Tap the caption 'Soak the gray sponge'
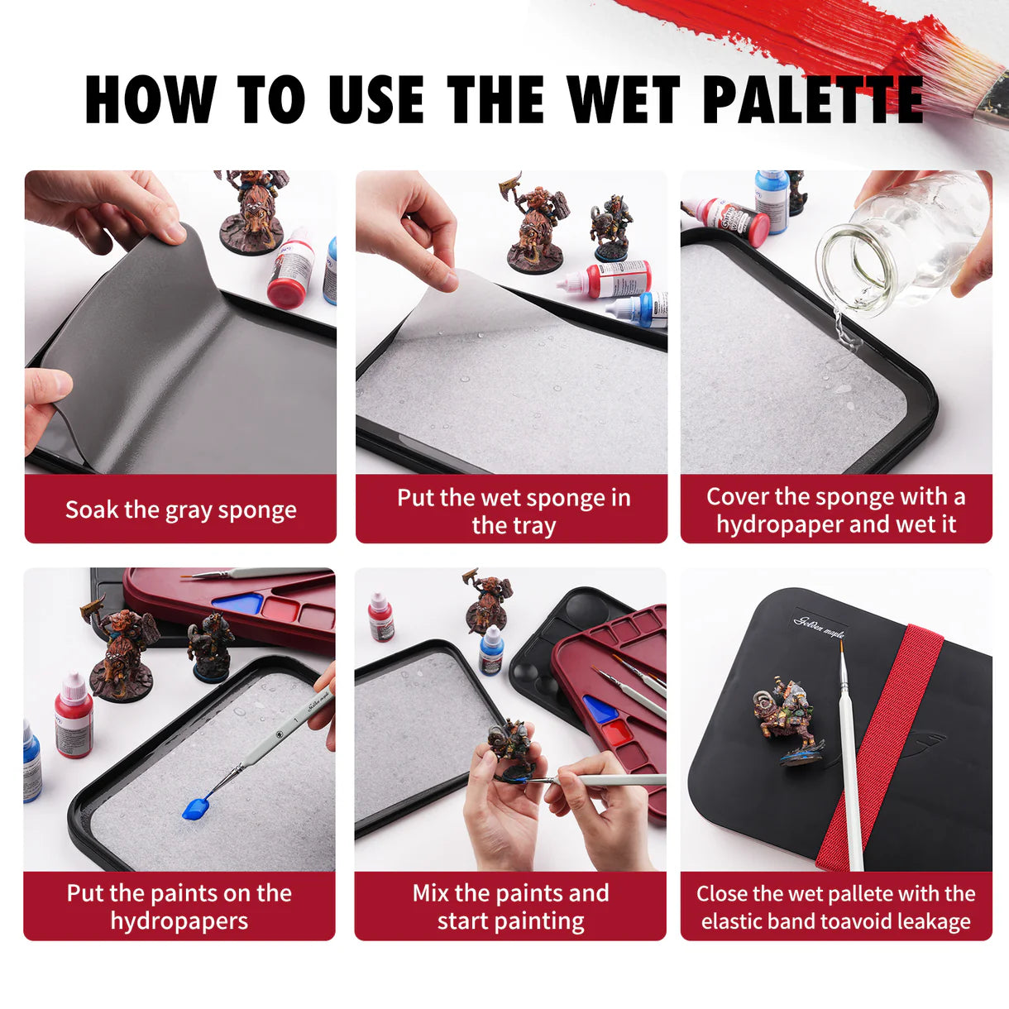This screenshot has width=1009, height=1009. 180,509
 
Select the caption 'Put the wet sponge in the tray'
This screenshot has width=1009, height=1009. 513,510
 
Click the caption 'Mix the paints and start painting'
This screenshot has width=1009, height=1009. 510,906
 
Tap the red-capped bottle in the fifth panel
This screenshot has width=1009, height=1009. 380,617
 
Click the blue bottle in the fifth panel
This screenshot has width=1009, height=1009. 491,650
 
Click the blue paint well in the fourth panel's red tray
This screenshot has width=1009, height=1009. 240,603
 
